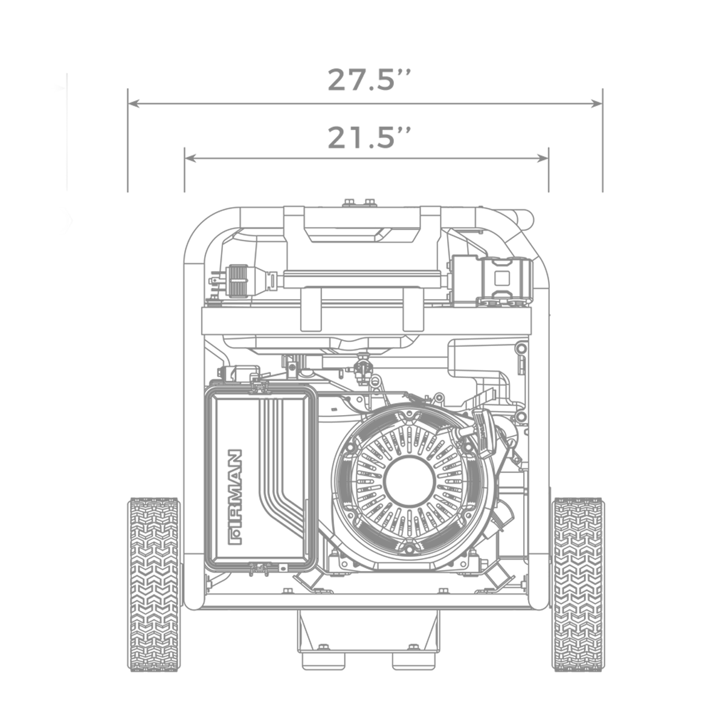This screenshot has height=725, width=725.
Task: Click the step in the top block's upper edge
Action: [324, 70]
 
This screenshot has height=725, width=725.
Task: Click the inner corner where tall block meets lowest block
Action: [179, 494]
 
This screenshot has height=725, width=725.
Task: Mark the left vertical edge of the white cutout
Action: [609, 584]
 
